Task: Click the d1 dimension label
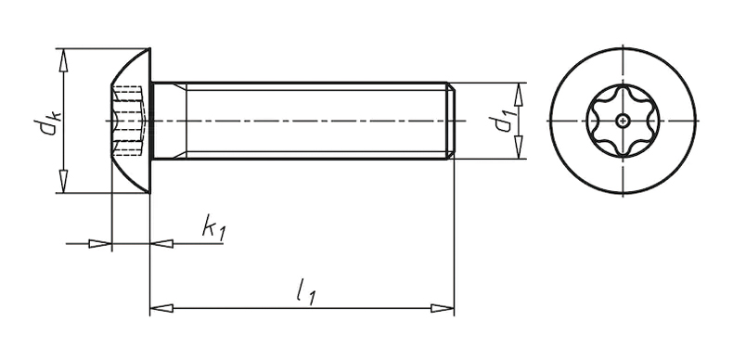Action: pos(497,122)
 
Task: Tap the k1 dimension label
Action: pos(214,227)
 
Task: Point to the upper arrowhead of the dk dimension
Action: pos(64,60)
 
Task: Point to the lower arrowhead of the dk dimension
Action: pos(64,182)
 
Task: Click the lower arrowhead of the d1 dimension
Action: pos(518,148)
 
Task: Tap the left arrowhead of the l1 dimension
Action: pos(161,308)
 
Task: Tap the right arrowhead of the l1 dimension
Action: pos(443,308)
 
